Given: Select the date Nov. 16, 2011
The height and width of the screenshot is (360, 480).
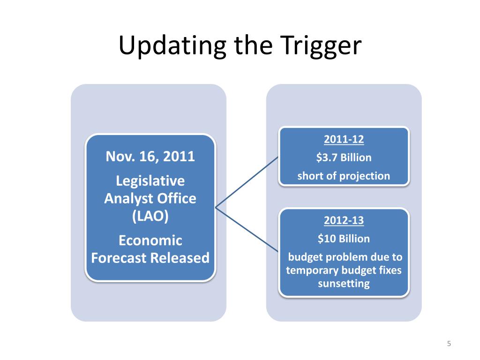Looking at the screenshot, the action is (x=150, y=156).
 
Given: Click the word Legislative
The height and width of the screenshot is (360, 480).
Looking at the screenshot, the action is (x=150, y=181).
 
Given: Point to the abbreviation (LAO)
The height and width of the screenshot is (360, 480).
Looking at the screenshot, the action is (x=150, y=216).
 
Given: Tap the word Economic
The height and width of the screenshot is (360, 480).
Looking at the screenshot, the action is (x=150, y=240).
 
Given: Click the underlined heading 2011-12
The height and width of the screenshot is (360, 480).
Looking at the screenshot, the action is (x=344, y=140).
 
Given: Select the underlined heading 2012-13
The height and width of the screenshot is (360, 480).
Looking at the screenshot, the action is (x=344, y=220).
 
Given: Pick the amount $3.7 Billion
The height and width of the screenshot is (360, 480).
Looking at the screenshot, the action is (x=344, y=157).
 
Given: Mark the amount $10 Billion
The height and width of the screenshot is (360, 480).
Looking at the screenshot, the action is (x=344, y=239).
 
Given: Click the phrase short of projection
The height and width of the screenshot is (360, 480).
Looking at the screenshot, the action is (x=344, y=176).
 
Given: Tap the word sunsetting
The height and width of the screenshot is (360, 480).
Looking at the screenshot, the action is (x=344, y=284).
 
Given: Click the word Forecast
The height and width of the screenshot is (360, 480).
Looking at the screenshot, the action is (x=120, y=258).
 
